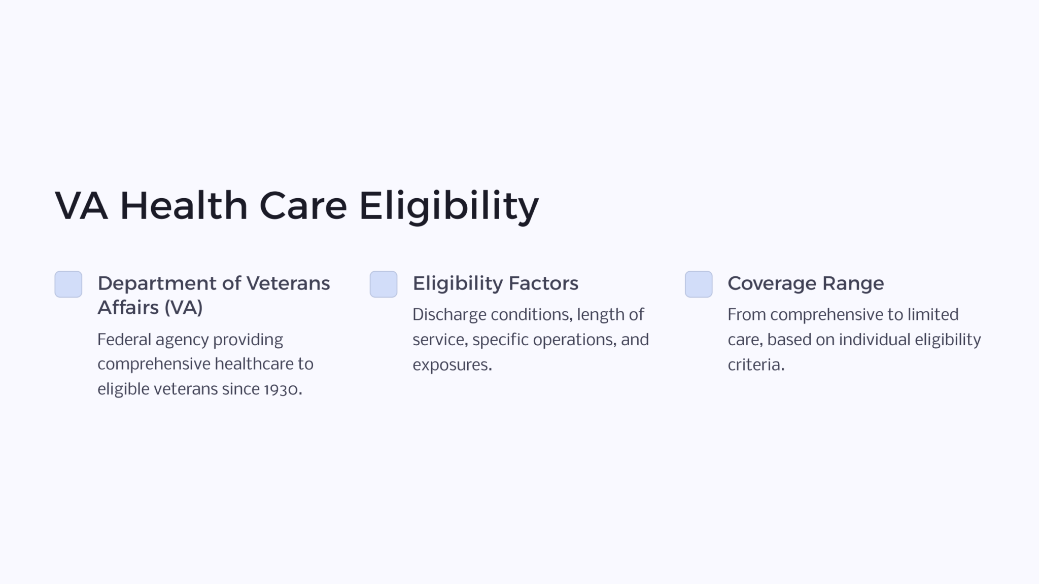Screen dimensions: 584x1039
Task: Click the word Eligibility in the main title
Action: tap(448, 206)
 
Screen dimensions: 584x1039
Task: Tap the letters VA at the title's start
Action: tap(81, 206)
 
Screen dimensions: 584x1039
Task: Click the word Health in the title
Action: tap(184, 206)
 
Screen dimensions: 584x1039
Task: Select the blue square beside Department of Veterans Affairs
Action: tap(68, 284)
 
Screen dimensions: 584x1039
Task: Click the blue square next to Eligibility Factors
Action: tap(384, 284)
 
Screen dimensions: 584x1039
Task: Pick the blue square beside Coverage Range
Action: tap(699, 284)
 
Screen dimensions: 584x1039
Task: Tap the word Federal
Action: tap(124, 340)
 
